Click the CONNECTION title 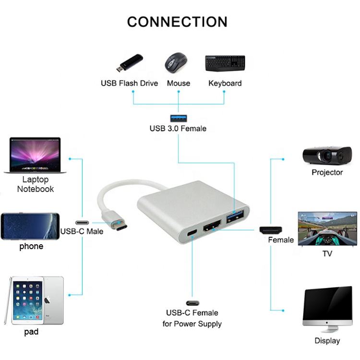(x=177, y=22)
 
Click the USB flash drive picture (x=129, y=62)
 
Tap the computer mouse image (x=177, y=63)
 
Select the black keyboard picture (x=225, y=63)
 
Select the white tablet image (x=35, y=300)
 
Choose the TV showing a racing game (x=327, y=228)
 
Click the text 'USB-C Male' (x=82, y=231)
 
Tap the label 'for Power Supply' (x=192, y=324)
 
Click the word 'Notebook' (x=36, y=189)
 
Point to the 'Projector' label (x=327, y=172)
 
